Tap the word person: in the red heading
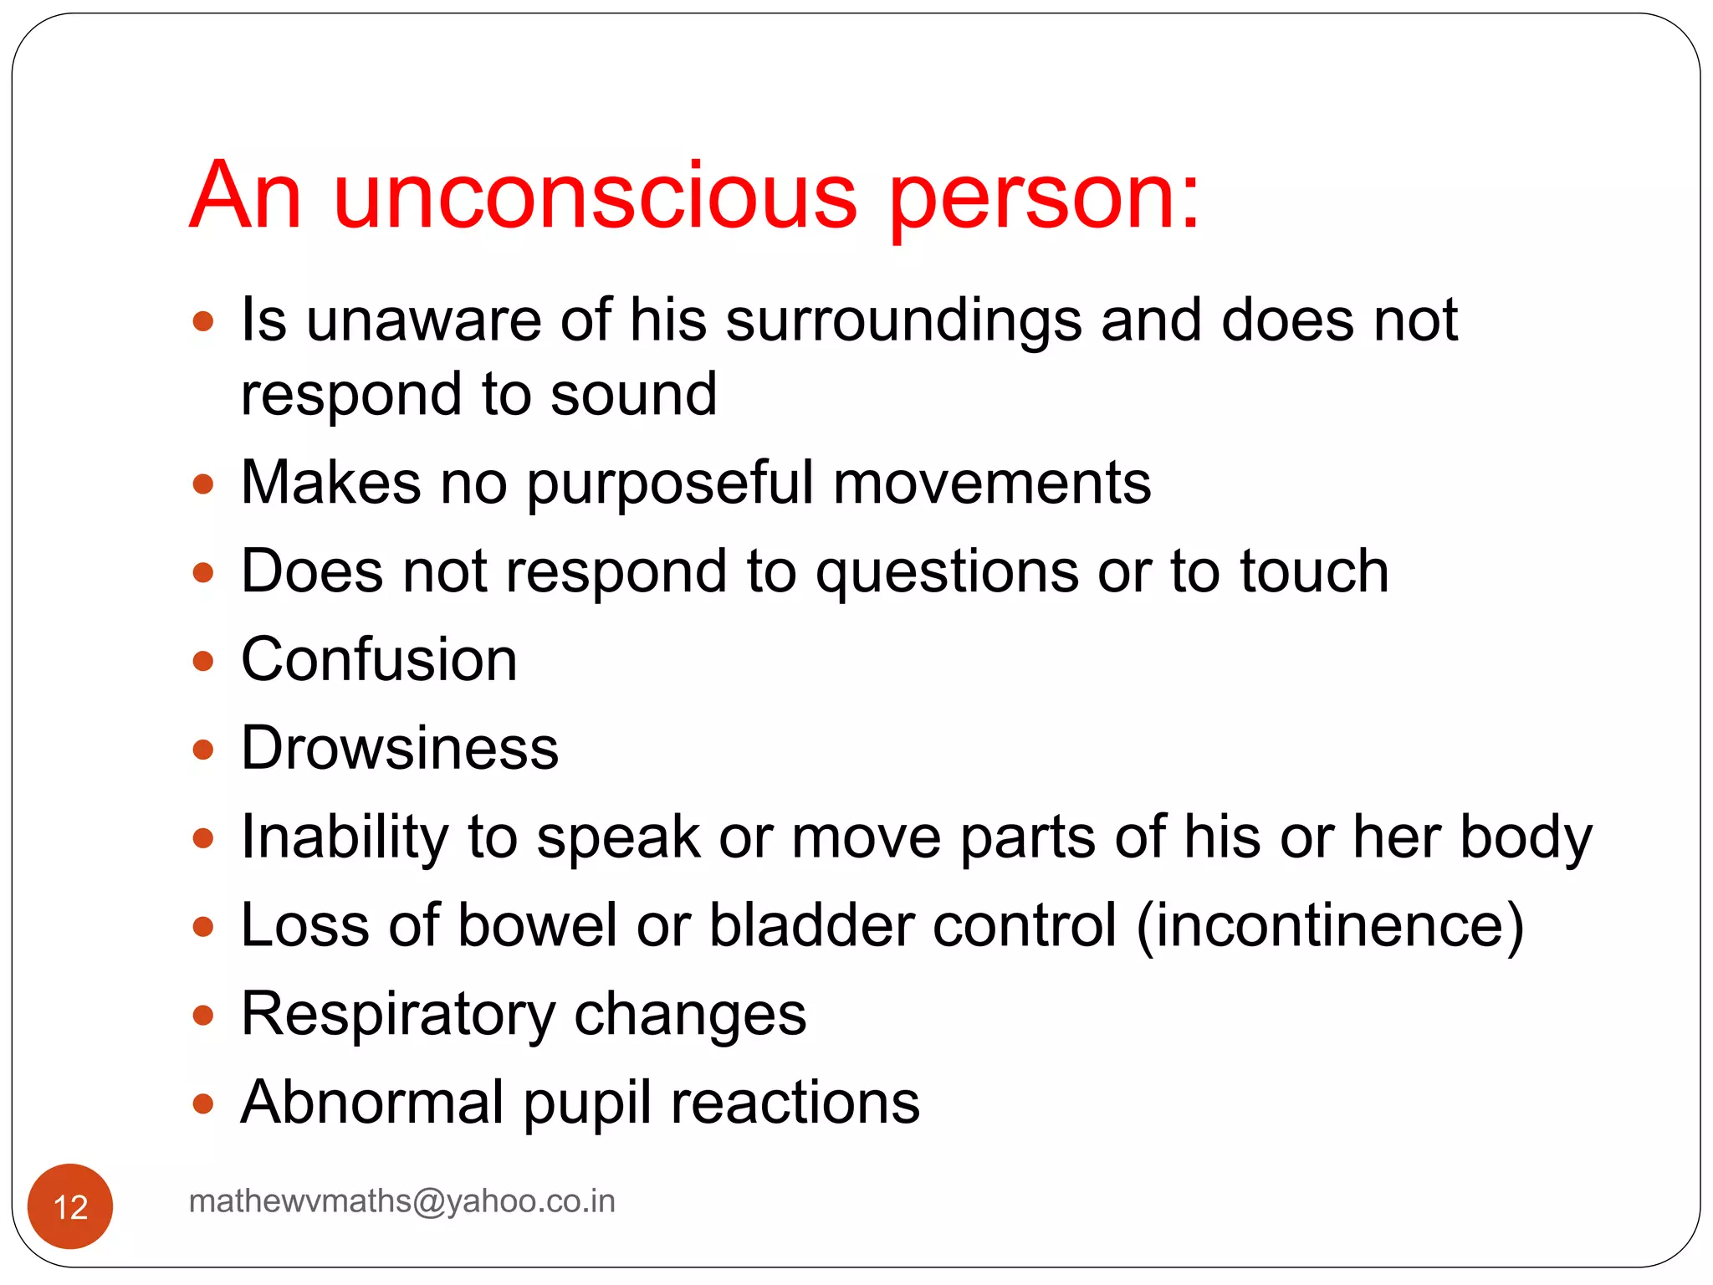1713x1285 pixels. coord(1044,199)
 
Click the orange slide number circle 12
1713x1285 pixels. coord(70,1206)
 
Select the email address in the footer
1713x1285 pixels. coord(401,1201)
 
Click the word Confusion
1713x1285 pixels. coord(379,659)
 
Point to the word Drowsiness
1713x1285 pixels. coord(400,748)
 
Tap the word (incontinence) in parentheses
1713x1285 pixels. coord(1330,925)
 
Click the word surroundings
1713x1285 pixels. coord(903,322)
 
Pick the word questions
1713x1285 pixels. coord(947,574)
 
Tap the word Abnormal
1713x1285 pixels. coord(372,1103)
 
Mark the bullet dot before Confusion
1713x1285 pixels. coord(203,662)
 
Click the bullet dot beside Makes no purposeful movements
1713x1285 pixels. coord(203,484)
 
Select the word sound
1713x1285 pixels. coord(633,394)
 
